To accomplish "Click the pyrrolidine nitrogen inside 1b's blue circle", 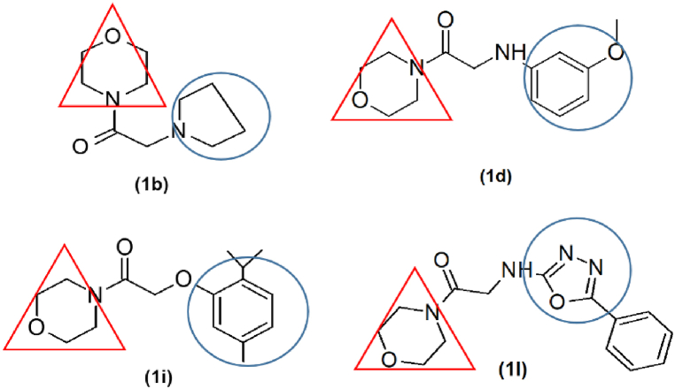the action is click(180, 131).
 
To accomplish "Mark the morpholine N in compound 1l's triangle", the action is click(431, 312).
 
